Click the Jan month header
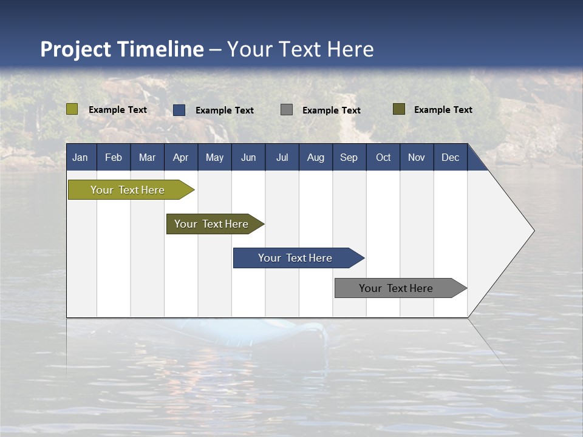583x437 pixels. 80,158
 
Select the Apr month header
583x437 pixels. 181,158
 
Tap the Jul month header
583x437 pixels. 282,158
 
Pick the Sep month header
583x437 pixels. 349,158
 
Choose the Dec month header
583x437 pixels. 450,158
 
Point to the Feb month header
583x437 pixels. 114,158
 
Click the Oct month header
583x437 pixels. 383,158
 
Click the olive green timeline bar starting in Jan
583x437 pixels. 128,190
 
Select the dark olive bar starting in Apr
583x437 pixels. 212,224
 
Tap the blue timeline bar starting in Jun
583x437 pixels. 296,258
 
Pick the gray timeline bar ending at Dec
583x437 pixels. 397,288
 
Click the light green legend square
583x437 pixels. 72,109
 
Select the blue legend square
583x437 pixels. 179,110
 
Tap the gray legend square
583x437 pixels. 287,109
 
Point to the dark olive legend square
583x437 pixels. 399,109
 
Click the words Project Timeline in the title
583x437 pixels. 122,49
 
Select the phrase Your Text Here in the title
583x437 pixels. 301,49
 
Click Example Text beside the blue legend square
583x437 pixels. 225,110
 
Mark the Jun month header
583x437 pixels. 248,158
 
